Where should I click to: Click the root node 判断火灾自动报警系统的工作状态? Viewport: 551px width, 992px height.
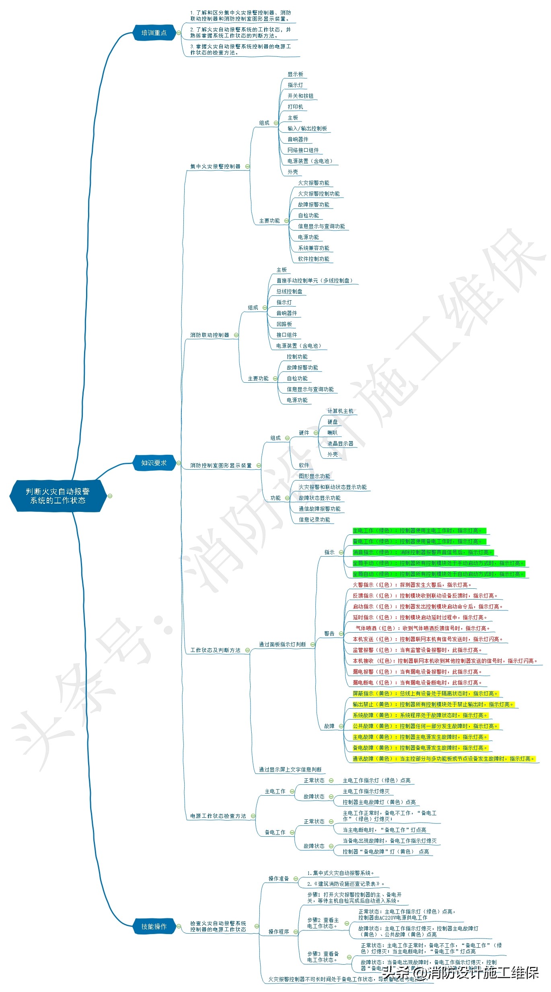(58, 495)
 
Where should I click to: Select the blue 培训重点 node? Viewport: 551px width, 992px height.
(154, 33)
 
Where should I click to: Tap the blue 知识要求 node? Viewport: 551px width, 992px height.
(154, 463)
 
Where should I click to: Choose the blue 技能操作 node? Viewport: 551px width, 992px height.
(154, 926)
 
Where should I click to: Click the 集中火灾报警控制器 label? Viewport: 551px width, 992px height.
(215, 166)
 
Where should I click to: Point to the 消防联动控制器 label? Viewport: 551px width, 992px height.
(210, 335)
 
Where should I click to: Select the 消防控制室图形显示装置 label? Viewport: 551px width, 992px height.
(221, 465)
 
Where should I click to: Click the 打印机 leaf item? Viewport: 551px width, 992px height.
(295, 107)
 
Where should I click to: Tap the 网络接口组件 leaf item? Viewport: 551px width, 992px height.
(303, 150)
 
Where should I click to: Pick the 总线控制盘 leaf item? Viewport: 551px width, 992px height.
(289, 291)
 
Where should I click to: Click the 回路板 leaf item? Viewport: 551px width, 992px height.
(284, 324)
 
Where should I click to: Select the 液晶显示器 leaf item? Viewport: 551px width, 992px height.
(340, 443)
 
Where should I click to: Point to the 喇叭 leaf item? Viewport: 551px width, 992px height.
(332, 433)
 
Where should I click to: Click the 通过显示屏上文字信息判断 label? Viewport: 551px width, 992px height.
(290, 769)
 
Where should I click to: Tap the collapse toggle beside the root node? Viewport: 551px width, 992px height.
(110, 496)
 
